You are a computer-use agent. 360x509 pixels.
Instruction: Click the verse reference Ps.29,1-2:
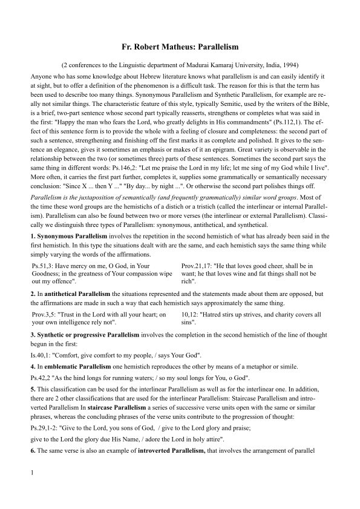tap(46, 427)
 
